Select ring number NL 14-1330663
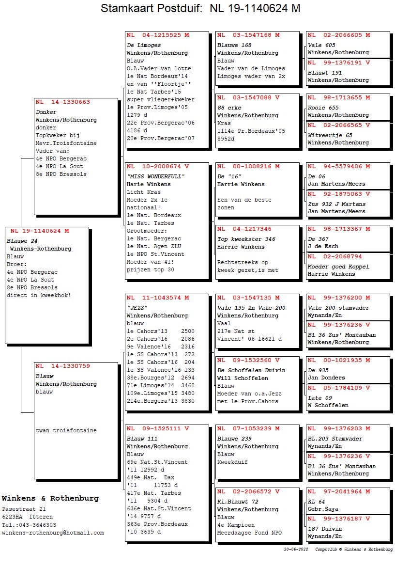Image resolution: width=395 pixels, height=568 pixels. (x=63, y=102)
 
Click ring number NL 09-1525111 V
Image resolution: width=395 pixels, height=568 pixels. (x=158, y=429)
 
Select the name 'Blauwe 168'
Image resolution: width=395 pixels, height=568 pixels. (x=234, y=45)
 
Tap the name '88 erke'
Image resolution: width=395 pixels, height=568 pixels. (x=229, y=108)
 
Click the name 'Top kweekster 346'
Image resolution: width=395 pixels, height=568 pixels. (x=246, y=239)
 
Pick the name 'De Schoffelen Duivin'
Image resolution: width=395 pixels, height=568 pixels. (x=251, y=370)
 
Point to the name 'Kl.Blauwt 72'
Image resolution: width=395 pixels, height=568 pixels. (x=238, y=502)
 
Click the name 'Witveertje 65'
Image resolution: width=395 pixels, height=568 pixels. (x=330, y=135)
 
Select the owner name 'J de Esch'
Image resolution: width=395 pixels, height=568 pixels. (x=323, y=246)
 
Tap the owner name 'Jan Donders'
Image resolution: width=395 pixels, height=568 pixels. (x=326, y=378)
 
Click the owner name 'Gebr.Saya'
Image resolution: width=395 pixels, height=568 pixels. (x=323, y=509)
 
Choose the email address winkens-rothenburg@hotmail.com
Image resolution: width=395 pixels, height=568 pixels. (x=53, y=533)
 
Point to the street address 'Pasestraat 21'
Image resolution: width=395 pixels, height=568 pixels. (x=24, y=509)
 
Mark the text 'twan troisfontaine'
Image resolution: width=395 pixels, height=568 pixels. (x=66, y=430)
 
